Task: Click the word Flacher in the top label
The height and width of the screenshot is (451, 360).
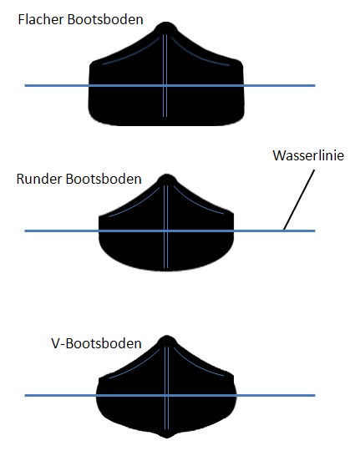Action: click(41, 19)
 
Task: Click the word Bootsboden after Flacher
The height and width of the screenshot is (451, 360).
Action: click(105, 19)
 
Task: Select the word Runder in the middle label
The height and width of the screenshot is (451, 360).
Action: click(39, 179)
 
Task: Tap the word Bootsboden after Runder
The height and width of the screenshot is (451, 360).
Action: click(104, 179)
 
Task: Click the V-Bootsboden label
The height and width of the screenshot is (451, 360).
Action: click(96, 343)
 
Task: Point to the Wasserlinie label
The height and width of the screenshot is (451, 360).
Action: click(308, 155)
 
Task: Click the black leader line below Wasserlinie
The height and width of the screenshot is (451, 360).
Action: click(299, 200)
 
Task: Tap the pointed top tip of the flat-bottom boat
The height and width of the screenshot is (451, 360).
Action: click(166, 22)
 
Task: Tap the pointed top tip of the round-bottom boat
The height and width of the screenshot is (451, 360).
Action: click(166, 174)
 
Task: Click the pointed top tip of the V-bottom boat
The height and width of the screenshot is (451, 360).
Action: click(166, 335)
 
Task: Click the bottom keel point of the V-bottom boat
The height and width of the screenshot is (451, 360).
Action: click(166, 438)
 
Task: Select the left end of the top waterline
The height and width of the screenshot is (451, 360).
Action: click(25, 85)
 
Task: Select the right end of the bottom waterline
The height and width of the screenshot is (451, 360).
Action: click(315, 396)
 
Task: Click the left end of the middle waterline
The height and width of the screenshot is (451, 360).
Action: click(25, 231)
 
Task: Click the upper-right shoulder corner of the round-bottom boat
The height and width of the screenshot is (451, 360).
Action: click(231, 214)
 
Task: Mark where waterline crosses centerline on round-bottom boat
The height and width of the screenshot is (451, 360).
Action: click(165, 231)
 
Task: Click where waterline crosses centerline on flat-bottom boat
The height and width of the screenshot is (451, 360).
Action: click(165, 85)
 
